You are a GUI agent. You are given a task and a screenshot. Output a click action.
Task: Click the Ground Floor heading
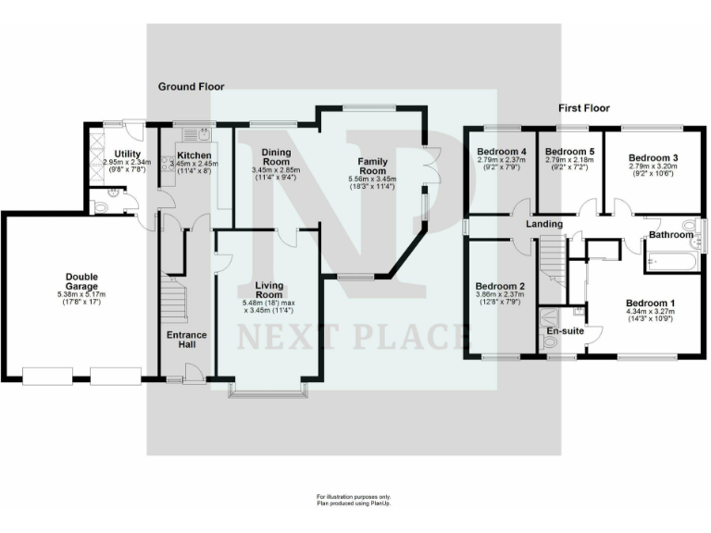(x=191, y=87)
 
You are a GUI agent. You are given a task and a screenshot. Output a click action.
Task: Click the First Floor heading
(x=584, y=108)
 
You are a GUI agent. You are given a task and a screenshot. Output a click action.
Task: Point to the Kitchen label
(x=194, y=155)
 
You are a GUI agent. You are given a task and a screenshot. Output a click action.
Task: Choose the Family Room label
(x=372, y=166)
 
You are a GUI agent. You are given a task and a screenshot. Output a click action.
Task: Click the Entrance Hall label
(x=186, y=340)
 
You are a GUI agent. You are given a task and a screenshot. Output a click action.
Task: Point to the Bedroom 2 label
(x=501, y=286)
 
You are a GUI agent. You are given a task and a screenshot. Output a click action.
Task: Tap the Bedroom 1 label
(x=650, y=304)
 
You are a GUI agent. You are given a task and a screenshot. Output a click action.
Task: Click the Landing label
(x=544, y=225)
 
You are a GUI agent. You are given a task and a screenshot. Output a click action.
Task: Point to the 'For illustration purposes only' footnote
(x=355, y=497)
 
